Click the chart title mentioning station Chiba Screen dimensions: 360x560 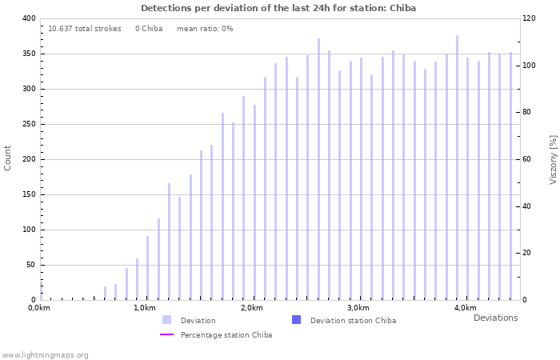278,8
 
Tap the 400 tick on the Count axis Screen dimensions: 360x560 29,18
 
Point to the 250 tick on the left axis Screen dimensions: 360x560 29,124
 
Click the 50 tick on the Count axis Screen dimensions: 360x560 31,265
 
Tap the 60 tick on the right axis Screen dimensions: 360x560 528,159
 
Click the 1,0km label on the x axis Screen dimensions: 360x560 145,308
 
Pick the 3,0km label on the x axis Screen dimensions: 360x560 358,308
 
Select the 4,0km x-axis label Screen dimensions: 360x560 466,308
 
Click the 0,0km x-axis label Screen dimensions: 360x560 39,308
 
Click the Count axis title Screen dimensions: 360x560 8,158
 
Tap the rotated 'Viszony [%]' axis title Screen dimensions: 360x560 553,159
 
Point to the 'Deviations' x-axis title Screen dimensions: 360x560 495,318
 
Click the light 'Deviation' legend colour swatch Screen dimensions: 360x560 166,320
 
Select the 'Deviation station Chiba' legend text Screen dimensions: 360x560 353,320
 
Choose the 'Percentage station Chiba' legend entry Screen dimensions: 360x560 226,334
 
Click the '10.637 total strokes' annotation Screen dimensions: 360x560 85,29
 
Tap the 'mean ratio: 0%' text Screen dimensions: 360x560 205,29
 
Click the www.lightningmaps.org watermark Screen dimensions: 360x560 45,354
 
